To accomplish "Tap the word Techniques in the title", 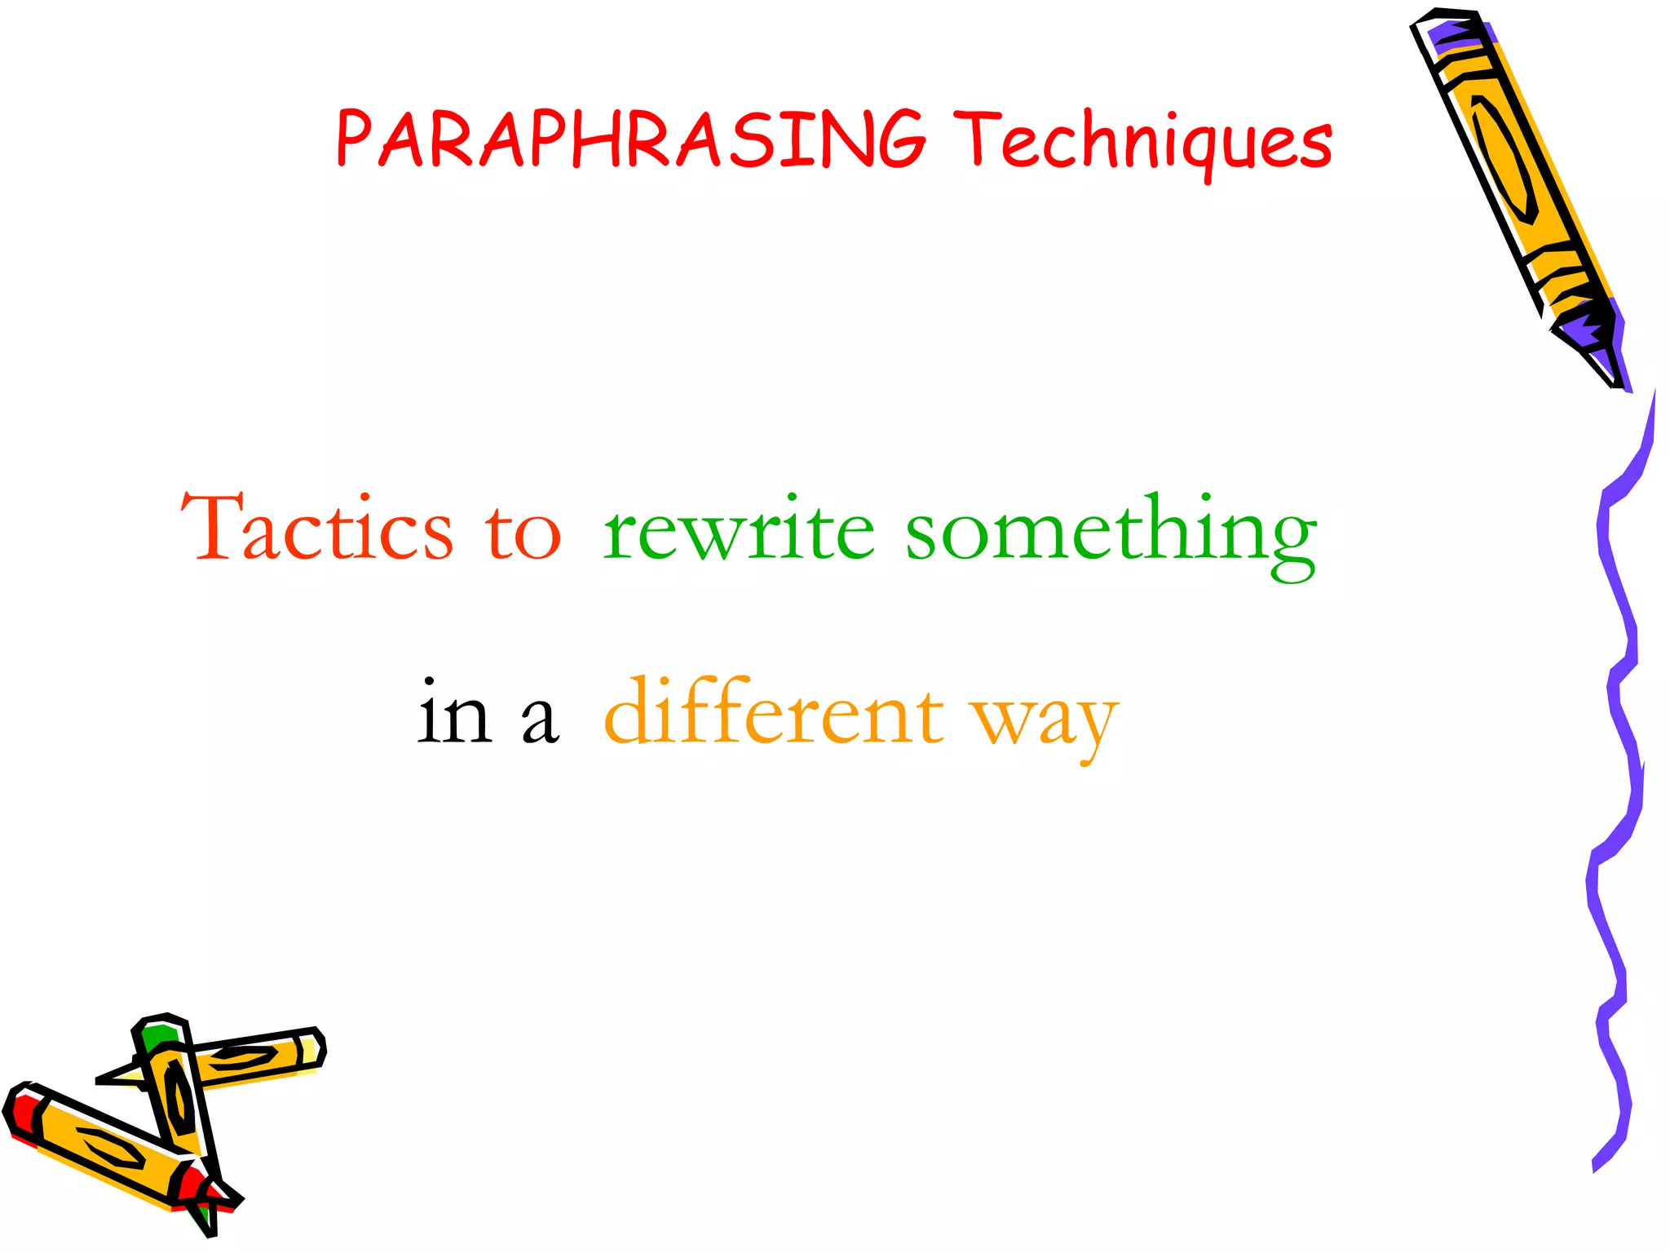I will [x=1143, y=140].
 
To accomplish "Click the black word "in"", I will [x=454, y=715].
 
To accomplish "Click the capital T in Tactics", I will [x=210, y=525].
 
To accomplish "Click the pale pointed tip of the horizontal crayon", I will [x=122, y=1075].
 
